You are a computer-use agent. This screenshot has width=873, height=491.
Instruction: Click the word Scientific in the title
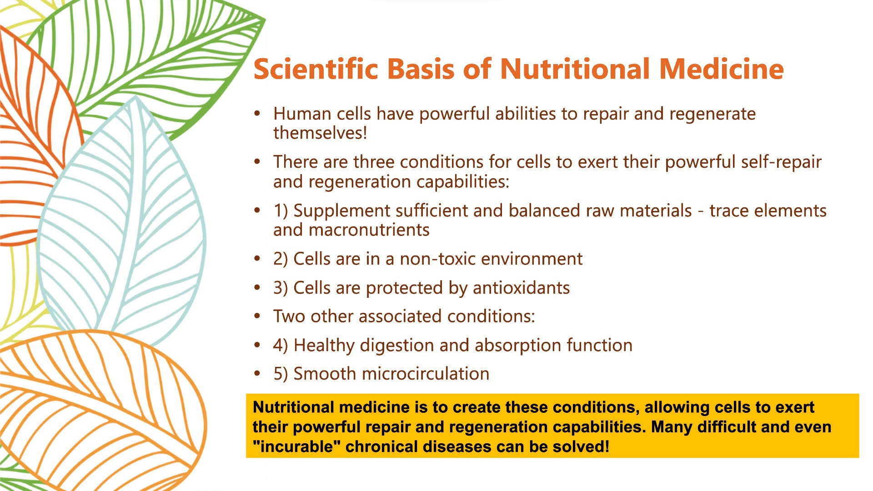click(316, 69)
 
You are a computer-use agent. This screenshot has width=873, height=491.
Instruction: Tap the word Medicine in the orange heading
click(721, 69)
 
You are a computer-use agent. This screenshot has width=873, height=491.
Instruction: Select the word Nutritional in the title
click(575, 69)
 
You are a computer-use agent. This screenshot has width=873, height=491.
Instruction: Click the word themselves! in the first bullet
click(320, 133)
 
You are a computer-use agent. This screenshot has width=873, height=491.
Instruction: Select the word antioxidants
click(521, 288)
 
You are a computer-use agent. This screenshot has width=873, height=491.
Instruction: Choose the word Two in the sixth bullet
click(289, 316)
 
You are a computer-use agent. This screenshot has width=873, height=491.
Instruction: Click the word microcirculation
click(426, 374)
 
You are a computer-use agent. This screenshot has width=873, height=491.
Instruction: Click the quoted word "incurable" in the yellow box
click(297, 446)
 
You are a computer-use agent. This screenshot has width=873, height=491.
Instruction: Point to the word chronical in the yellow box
click(382, 446)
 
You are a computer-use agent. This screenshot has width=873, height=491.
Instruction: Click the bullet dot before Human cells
click(257, 114)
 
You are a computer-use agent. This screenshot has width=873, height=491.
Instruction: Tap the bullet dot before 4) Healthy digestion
click(257, 346)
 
